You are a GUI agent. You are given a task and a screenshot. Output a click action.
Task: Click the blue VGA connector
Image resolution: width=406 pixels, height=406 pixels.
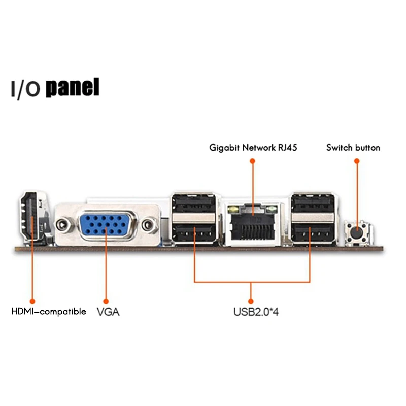tap(106, 224)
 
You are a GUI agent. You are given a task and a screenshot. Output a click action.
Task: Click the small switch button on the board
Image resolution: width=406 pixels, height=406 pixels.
tap(357, 233)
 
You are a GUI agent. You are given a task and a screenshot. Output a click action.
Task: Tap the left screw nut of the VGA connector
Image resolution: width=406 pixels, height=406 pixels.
tap(63, 224)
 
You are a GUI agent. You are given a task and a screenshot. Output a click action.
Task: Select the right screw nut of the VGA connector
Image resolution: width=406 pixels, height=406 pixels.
tap(148, 224)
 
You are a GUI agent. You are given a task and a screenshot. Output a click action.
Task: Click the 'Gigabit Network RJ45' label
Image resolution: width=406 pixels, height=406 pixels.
tap(253, 148)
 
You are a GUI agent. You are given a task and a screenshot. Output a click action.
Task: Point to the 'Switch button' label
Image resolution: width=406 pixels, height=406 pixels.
tap(353, 148)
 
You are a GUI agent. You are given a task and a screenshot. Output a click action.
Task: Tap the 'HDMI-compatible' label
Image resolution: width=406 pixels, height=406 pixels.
tap(49, 311)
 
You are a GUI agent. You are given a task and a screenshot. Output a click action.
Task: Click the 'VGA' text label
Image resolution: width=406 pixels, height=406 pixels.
tap(108, 311)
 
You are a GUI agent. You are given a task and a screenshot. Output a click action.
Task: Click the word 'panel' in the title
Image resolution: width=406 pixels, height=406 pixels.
tap(73, 88)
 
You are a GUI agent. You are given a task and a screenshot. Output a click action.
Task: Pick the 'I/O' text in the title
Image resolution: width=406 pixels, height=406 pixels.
tap(25, 89)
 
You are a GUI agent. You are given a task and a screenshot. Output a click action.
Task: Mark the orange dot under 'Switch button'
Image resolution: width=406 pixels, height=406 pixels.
tap(357, 161)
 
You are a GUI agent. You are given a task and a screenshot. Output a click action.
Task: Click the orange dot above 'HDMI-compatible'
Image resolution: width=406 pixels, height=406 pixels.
tap(32, 301)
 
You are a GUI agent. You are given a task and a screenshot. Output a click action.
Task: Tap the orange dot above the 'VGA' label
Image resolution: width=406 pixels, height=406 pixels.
tap(106, 301)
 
